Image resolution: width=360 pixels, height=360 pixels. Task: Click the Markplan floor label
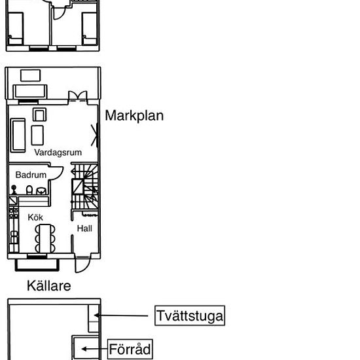(134, 116)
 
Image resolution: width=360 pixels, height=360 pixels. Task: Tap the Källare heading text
(48, 286)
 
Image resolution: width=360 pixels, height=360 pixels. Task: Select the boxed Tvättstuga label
(190, 315)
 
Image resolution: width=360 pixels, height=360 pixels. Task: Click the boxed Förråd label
(130, 349)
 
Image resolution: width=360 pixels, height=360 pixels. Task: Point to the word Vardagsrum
(58, 153)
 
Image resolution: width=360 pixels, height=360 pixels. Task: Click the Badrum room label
(31, 175)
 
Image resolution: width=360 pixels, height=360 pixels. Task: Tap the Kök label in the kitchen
(35, 217)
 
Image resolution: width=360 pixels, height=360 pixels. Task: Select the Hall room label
(84, 228)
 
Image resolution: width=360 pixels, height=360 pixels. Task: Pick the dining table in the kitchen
(45, 238)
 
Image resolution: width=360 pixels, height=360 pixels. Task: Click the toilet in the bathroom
(29, 190)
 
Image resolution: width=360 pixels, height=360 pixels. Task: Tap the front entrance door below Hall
(82, 264)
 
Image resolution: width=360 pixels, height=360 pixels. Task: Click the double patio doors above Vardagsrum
(78, 96)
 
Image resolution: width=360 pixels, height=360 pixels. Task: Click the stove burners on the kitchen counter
(14, 213)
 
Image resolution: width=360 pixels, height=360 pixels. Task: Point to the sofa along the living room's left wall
(18, 135)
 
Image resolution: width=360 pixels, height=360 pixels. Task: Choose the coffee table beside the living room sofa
(37, 135)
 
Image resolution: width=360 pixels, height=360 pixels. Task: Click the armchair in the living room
(39, 115)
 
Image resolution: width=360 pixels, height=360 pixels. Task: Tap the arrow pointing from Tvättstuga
(121, 315)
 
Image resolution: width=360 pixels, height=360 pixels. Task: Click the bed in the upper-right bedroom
(90, 28)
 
